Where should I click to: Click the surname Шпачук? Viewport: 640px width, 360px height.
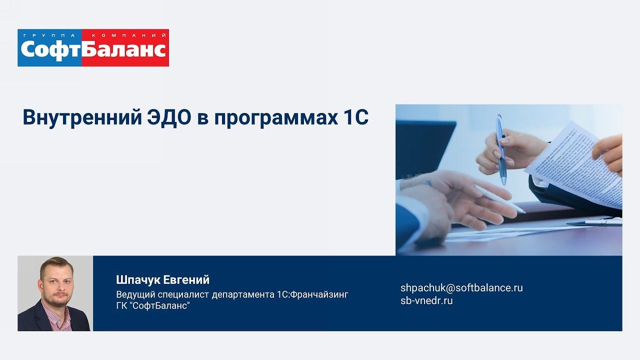[x=138, y=280]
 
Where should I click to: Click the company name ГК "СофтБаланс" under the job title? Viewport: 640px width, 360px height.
[x=153, y=305]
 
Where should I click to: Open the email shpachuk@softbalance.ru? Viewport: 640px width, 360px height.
[x=461, y=288]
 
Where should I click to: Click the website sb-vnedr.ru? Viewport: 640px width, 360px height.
[x=426, y=300]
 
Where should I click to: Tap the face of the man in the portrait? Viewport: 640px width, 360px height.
[x=55, y=283]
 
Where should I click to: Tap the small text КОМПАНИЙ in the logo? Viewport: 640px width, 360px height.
[x=127, y=35]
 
